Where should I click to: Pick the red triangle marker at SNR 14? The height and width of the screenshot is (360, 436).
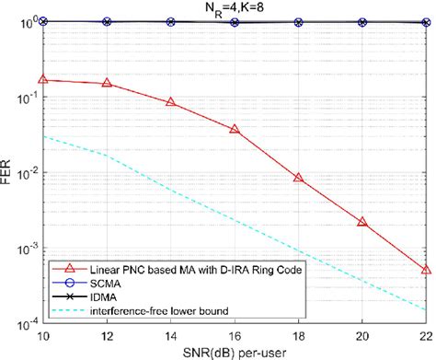(171, 102)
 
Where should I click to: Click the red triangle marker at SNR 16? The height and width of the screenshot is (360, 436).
(235, 130)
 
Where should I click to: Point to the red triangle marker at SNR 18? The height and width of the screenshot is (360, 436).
(298, 178)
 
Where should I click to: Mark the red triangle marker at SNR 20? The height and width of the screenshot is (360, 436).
(361, 222)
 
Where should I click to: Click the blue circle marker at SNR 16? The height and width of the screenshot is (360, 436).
(235, 21)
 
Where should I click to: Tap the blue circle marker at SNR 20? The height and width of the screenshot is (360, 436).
(361, 21)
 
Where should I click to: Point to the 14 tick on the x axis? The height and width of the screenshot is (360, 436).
(171, 335)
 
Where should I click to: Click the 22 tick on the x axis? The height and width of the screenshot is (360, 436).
(424, 335)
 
